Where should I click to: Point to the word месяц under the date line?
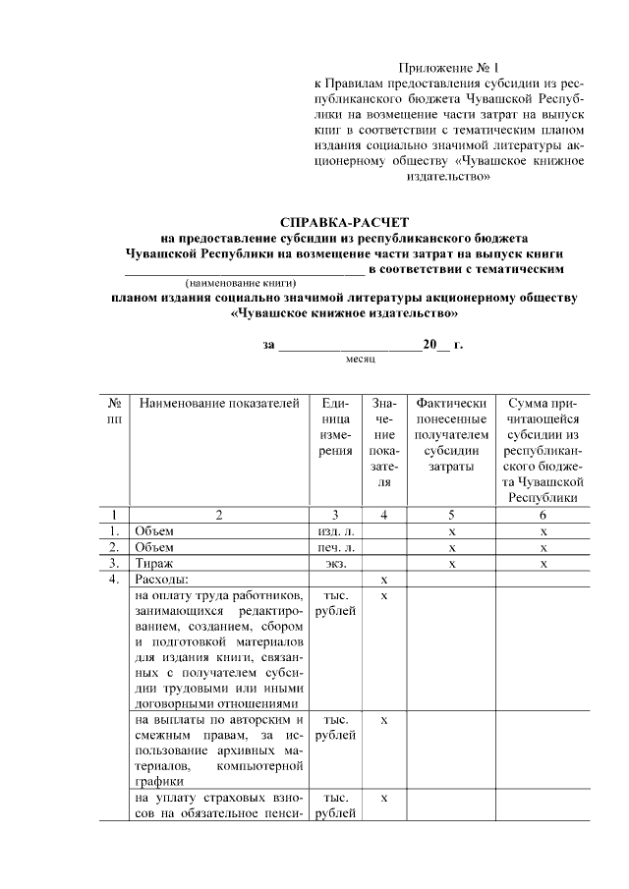(361, 361)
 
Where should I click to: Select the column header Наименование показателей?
(218, 404)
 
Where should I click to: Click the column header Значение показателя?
(385, 443)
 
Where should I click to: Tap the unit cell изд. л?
(336, 530)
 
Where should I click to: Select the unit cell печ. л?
(336, 547)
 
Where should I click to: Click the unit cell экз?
(336, 564)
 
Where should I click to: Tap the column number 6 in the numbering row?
(543, 514)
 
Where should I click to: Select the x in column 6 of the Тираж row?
(543, 564)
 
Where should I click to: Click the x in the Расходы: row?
(385, 581)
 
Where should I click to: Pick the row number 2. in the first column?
(115, 547)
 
